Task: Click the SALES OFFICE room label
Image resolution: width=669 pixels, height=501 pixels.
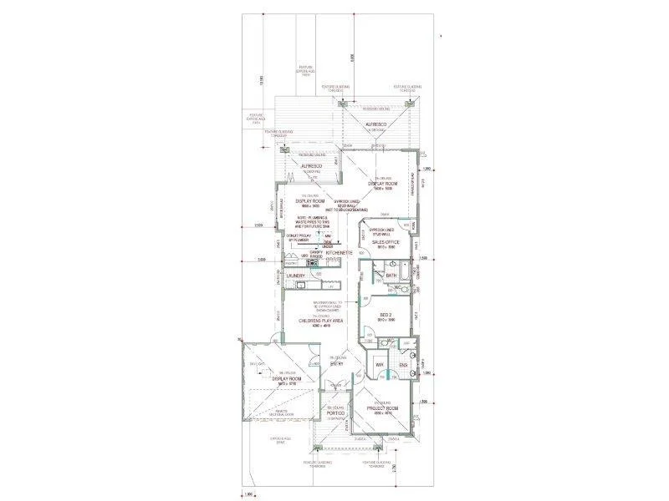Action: point(386,242)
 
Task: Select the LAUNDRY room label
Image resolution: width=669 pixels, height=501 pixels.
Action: point(294,275)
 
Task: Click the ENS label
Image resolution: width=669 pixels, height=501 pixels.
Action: point(401,366)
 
